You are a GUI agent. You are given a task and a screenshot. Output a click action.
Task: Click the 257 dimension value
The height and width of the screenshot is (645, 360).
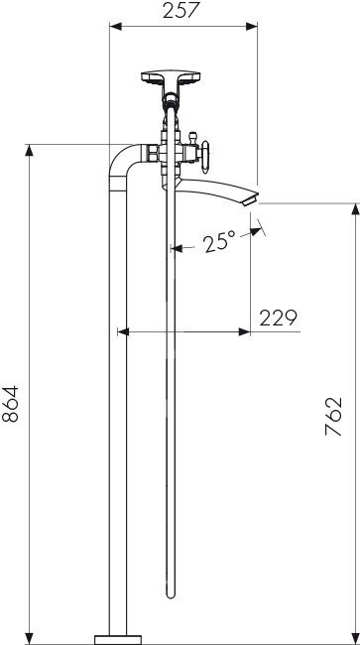click(180, 10)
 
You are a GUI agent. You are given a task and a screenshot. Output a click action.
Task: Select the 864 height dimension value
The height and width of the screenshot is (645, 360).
click(10, 404)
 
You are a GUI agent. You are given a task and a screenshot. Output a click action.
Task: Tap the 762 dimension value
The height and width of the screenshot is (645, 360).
click(333, 417)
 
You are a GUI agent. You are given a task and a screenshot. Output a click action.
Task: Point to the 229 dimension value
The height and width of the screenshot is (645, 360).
click(278, 318)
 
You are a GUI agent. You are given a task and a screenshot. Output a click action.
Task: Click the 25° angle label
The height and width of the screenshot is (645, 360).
click(220, 241)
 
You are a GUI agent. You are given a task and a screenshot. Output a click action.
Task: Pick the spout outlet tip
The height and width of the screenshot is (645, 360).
click(250, 200)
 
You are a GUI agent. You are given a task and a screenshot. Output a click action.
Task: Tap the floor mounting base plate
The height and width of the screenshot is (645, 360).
click(118, 640)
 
